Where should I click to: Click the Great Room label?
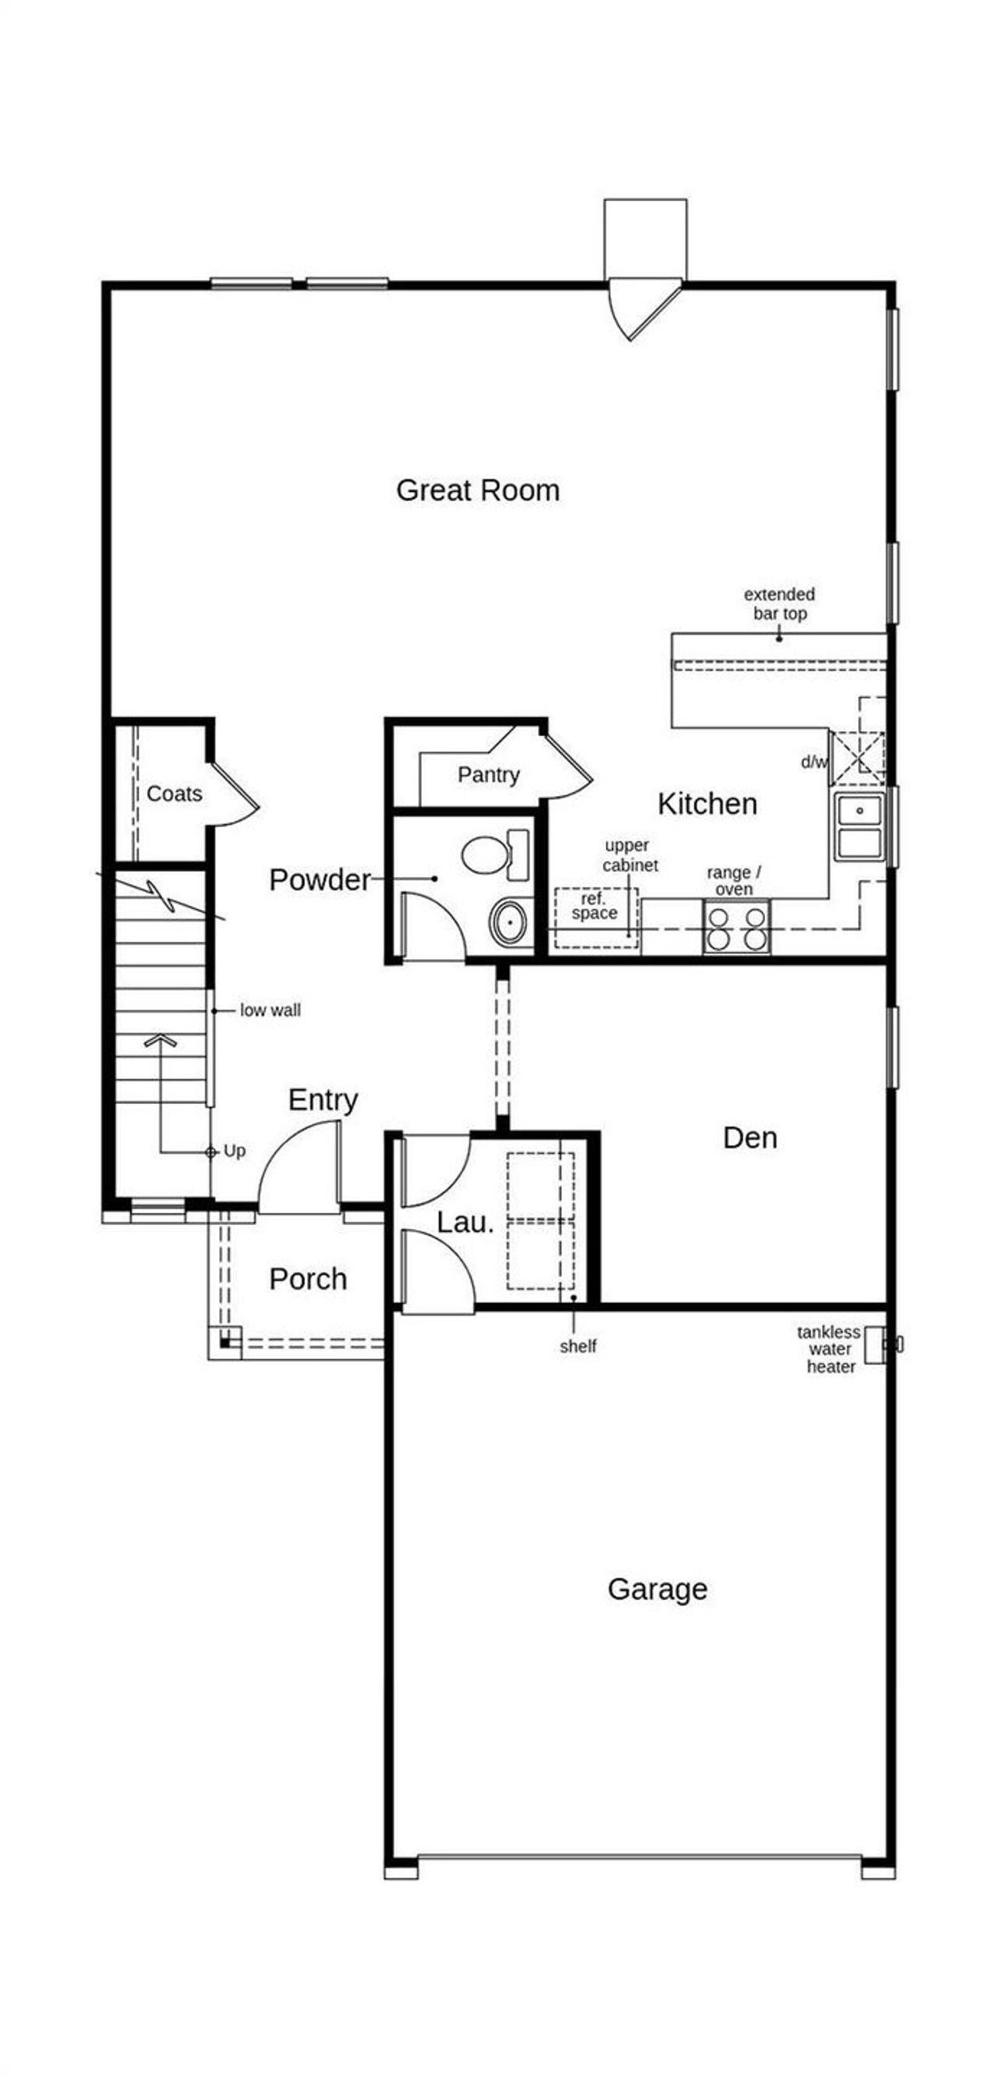(x=477, y=490)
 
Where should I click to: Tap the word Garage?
(x=657, y=1588)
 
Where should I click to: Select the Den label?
(x=750, y=1138)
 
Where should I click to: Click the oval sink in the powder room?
(x=508, y=922)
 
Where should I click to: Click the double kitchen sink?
(x=859, y=826)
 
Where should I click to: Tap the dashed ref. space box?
(x=596, y=918)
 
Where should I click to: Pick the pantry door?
(x=568, y=766)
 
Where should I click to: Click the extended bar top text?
(x=779, y=603)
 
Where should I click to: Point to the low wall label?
(x=270, y=1010)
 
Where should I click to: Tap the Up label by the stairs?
(x=235, y=1151)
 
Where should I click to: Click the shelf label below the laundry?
(x=578, y=1346)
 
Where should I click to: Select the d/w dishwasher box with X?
(x=857, y=758)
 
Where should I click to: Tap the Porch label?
(x=308, y=1279)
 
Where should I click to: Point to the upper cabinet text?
(x=629, y=855)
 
